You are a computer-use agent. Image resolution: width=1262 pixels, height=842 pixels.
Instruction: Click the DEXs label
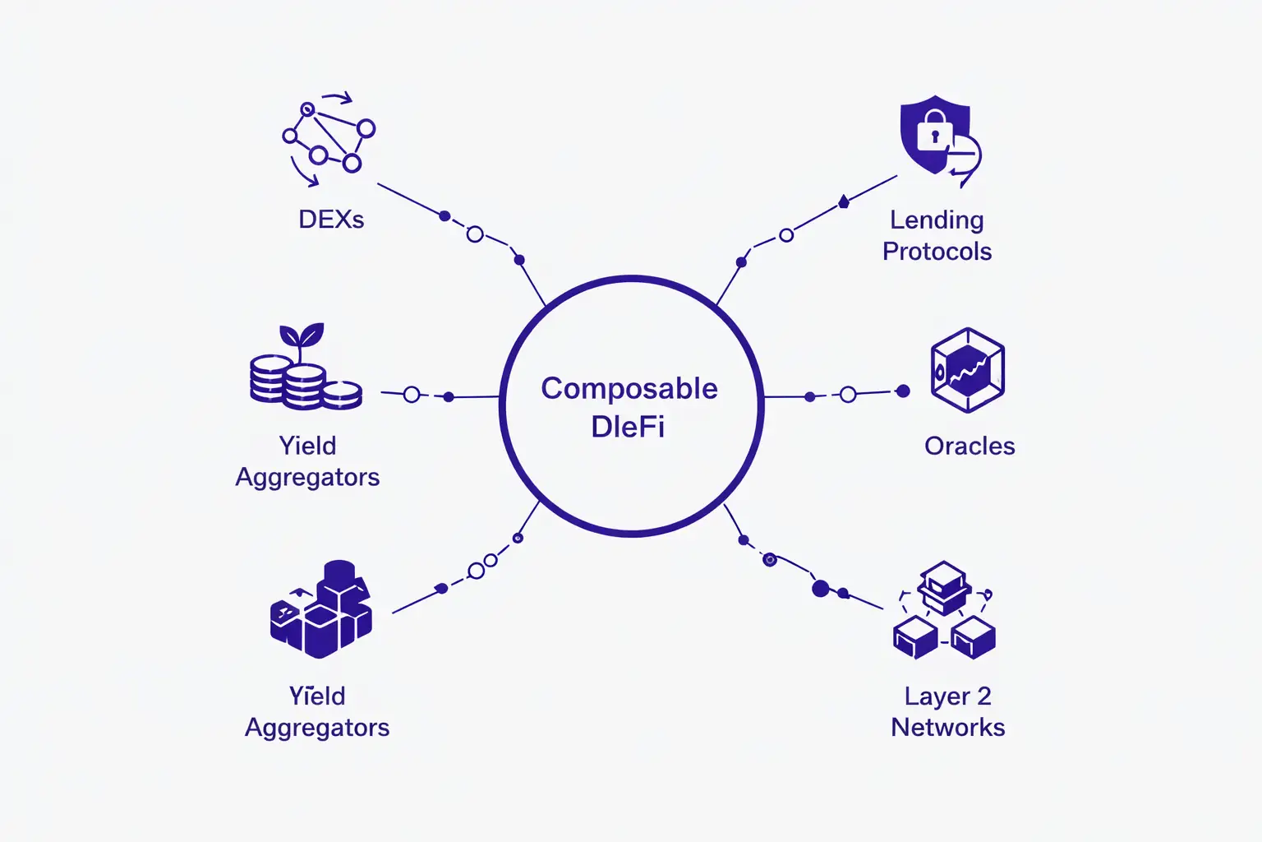(331, 220)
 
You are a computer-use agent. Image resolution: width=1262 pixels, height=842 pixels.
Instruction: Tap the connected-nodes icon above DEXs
(329, 139)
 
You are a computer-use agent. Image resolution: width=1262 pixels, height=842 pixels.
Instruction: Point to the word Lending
(937, 220)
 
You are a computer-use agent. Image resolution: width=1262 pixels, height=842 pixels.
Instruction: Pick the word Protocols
(937, 251)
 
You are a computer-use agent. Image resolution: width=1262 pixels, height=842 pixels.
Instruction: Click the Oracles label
(970, 446)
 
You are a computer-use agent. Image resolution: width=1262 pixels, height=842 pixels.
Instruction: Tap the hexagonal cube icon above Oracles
(968, 370)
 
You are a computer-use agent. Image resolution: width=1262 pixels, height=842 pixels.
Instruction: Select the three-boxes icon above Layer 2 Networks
(944, 610)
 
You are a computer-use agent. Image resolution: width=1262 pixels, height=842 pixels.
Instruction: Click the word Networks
(947, 727)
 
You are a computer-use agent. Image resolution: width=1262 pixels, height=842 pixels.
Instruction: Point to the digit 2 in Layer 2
(983, 696)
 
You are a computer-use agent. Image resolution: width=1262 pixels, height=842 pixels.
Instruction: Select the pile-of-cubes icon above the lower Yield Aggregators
(321, 609)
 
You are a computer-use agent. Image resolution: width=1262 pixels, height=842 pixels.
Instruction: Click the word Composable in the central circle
(629, 389)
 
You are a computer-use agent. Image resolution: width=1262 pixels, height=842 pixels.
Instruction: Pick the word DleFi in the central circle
(628, 427)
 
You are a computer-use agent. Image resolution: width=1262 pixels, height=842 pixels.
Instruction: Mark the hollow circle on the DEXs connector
(475, 234)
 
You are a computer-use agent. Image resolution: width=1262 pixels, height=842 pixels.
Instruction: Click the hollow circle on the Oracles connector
(848, 395)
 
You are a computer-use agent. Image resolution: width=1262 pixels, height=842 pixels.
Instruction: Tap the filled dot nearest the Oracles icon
(903, 391)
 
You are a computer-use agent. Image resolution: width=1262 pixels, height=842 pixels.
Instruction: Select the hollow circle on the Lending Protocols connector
(786, 235)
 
